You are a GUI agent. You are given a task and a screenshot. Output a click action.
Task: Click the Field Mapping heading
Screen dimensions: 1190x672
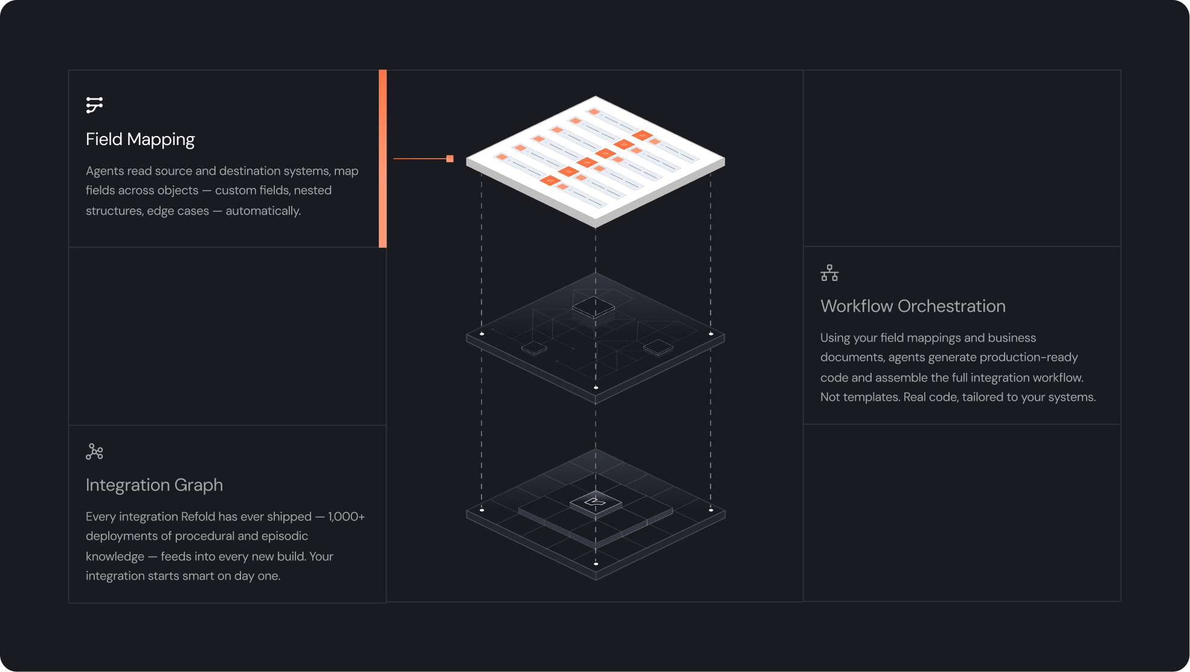coord(140,140)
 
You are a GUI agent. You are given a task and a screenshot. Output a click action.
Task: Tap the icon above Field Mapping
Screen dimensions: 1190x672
coord(94,105)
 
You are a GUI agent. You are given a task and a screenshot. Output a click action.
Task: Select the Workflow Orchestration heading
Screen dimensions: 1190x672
coord(913,306)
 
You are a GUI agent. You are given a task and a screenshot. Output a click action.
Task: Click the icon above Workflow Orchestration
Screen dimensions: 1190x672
coord(829,273)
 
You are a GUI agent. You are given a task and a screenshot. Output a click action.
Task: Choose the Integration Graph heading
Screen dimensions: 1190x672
coord(154,485)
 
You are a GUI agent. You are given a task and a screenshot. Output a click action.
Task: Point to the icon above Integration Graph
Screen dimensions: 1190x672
coord(94,451)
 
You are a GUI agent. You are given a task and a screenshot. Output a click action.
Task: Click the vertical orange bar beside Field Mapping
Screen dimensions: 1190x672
coord(382,158)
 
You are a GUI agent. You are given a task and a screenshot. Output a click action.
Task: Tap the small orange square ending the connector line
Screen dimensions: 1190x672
coord(450,159)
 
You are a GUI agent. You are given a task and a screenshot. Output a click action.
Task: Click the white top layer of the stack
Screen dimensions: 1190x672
coord(596,160)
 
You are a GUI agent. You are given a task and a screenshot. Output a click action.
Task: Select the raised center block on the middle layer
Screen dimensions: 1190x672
coord(593,307)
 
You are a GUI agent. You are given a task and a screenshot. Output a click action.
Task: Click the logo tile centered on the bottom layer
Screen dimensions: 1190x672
coord(596,502)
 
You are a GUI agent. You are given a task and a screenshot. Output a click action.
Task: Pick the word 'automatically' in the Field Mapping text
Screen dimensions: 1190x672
coord(262,211)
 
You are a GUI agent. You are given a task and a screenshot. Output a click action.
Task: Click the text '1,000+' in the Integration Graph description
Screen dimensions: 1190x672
coord(346,517)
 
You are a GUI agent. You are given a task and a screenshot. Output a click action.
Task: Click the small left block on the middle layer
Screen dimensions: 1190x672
coord(534,348)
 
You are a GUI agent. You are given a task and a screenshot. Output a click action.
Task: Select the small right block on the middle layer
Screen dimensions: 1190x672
coord(658,347)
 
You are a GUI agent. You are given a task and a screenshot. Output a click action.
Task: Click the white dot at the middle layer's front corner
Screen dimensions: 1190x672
coord(596,388)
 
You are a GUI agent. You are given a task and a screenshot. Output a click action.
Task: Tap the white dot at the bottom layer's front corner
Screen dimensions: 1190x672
coord(596,564)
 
